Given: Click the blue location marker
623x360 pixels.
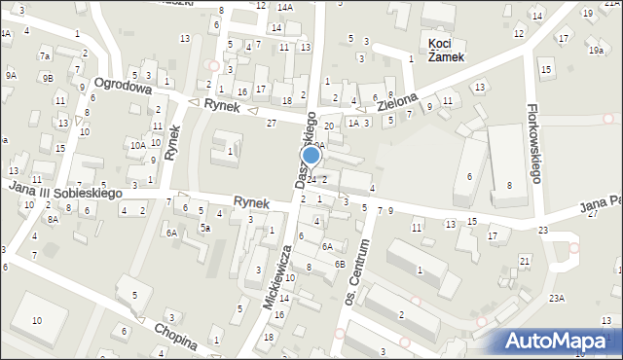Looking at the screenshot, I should pos(311,156).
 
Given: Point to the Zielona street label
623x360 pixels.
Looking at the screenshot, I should pos(398,101).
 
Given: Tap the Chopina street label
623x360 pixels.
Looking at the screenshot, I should pos(176,337).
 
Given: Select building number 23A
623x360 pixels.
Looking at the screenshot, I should pos(557,299).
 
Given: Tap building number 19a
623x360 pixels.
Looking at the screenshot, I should pos(595,50).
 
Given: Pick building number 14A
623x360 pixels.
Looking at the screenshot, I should pos(284,8).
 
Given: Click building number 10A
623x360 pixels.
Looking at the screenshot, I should pos(138,145).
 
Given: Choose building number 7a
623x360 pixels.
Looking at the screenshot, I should pos(44,56).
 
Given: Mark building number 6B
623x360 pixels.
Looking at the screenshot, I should pos(340,264).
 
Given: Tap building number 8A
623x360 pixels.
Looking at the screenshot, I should pos(54,220).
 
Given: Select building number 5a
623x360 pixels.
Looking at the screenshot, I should pos(205,227).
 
